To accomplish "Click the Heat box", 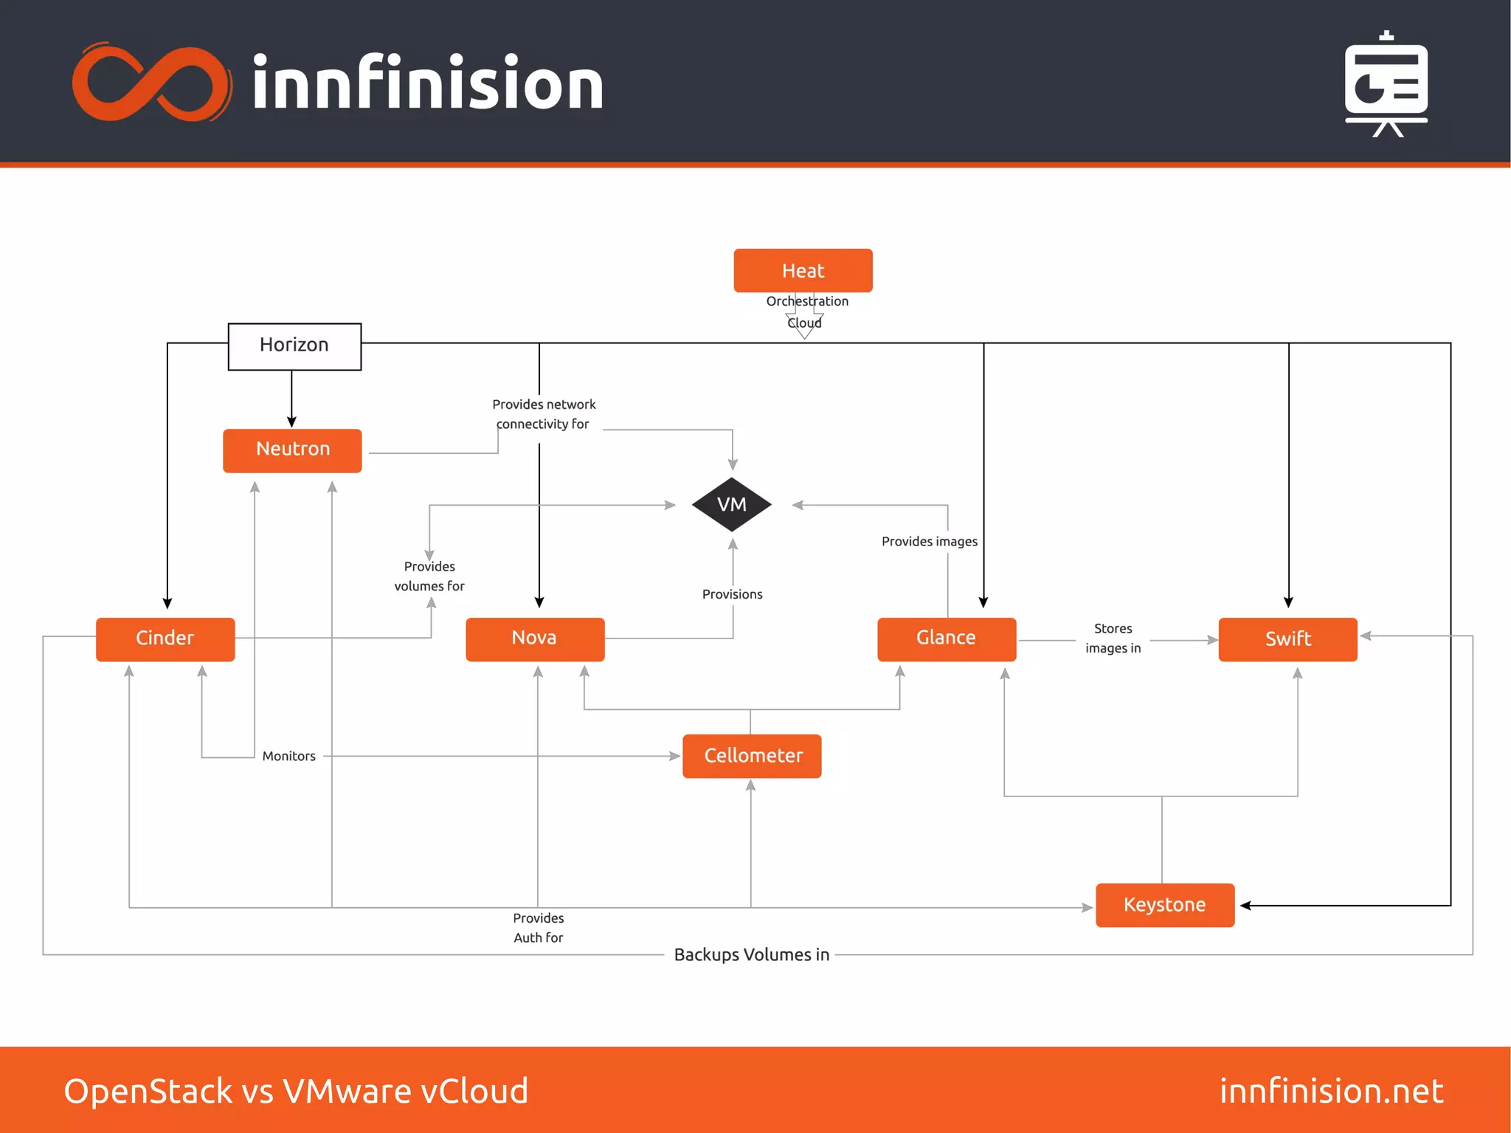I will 803,271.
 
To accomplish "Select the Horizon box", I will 294,345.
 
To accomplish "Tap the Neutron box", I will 292,450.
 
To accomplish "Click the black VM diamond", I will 732,505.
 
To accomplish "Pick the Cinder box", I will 165,638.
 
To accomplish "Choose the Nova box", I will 535,638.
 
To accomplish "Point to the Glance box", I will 947,638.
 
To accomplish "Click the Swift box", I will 1287,639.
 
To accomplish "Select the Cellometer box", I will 752,756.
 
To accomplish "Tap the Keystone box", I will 1164,905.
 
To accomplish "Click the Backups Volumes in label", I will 751,954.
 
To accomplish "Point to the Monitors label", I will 288,756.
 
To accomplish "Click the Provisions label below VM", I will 732,594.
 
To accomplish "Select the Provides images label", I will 929,541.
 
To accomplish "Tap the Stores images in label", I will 1113,638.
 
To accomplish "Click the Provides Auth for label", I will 538,928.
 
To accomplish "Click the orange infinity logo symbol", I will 151,83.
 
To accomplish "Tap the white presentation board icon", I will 1386,85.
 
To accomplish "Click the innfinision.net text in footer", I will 1331,1090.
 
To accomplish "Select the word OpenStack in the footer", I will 148,1090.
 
